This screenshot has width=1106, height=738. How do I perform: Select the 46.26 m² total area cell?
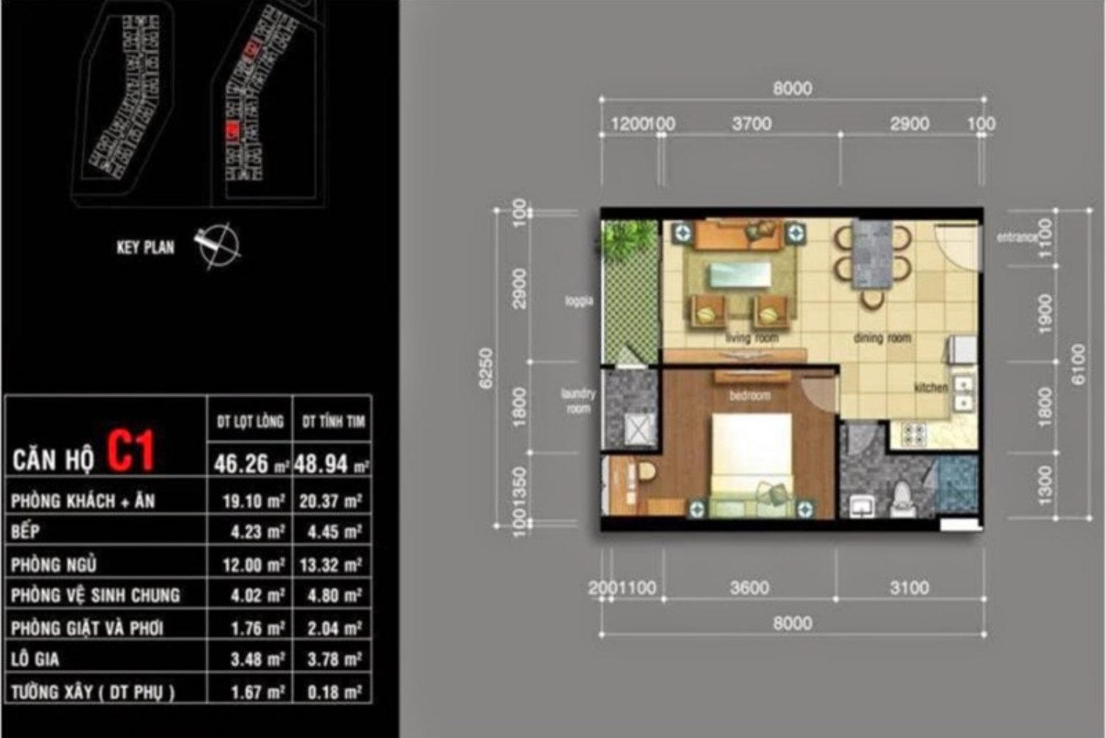click(x=250, y=463)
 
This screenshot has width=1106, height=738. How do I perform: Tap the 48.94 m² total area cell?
click(x=331, y=463)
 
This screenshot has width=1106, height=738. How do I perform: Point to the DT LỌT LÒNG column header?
click(x=250, y=421)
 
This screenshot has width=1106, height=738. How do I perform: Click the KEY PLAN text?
click(x=145, y=247)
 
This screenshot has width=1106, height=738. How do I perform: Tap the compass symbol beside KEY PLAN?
click(x=219, y=244)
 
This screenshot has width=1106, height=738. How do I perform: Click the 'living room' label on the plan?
click(x=751, y=338)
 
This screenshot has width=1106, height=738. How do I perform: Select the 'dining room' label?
click(x=882, y=338)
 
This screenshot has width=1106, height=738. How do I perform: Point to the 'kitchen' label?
click(x=931, y=387)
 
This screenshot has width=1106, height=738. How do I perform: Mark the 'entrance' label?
click(x=1016, y=238)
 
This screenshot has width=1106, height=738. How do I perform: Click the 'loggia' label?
click(x=579, y=301)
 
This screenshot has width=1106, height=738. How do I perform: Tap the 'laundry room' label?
click(x=578, y=401)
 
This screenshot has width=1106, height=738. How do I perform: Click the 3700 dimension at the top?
click(x=751, y=124)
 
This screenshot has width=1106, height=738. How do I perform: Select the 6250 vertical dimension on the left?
click(x=485, y=369)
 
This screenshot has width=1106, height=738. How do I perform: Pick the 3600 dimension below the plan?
click(x=749, y=588)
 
